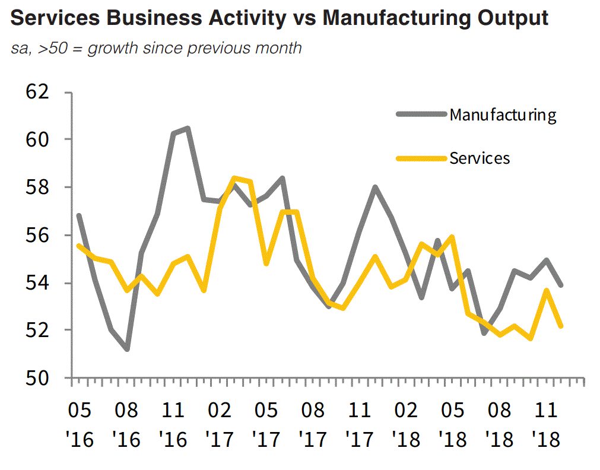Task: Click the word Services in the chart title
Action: (49, 18)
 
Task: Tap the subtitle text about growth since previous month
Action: (156, 47)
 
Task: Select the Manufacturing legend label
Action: (503, 114)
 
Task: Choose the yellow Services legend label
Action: (480, 158)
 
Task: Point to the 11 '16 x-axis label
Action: (173, 424)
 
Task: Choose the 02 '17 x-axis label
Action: (220, 424)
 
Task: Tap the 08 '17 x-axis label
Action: (313, 424)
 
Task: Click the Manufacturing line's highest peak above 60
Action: (188, 128)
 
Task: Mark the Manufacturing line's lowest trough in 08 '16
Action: (126, 349)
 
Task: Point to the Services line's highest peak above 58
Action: (234, 177)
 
